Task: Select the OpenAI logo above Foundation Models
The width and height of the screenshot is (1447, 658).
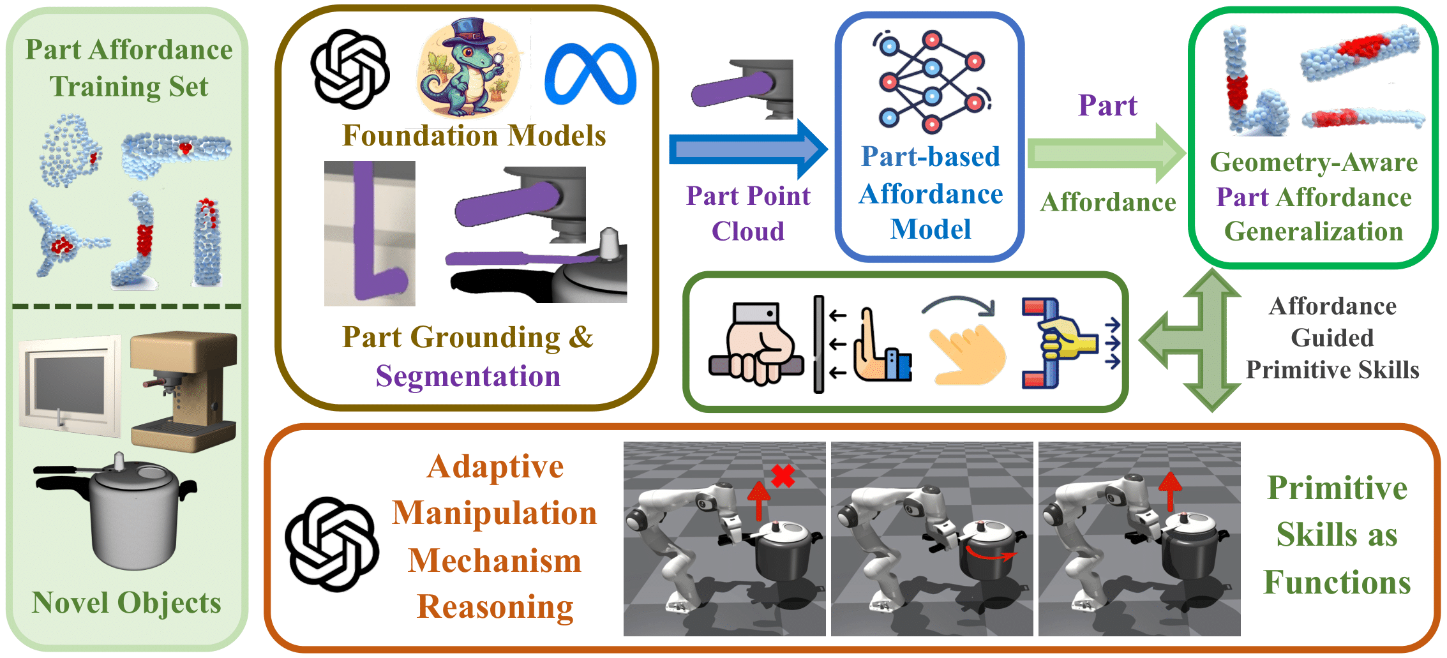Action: click(350, 69)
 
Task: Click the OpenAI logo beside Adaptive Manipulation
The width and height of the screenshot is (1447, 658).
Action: click(331, 544)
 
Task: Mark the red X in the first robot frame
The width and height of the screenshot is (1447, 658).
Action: click(783, 475)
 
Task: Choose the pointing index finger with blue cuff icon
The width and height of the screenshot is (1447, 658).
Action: click(881, 348)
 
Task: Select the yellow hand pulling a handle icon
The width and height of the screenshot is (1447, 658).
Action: click(1063, 343)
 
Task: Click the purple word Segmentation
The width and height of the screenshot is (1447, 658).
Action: click(468, 376)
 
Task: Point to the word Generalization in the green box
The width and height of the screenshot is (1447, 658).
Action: click(1313, 231)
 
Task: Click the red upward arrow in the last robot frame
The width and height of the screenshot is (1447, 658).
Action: click(1170, 490)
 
